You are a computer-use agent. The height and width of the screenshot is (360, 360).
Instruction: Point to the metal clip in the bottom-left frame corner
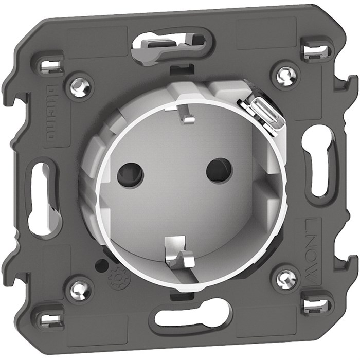[x=50, y=319]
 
